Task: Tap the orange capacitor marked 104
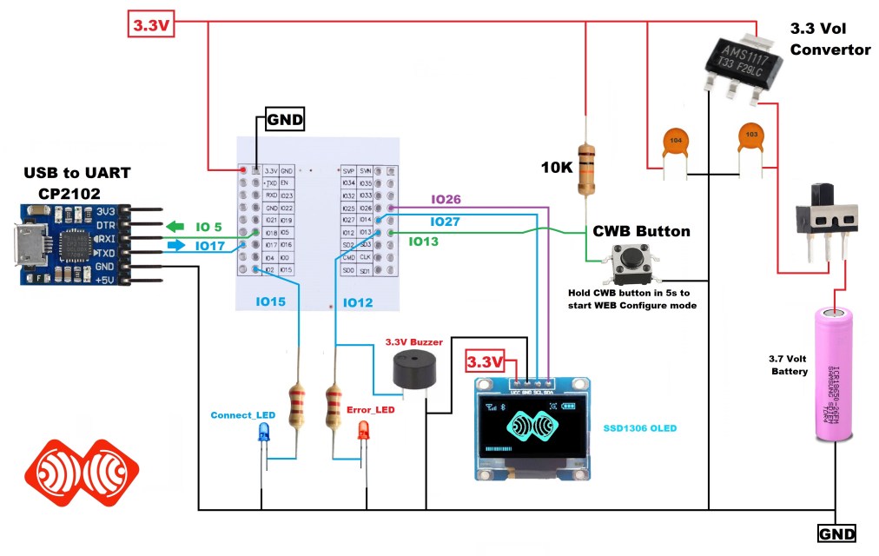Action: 674,142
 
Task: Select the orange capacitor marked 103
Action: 752,136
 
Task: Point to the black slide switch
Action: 829,214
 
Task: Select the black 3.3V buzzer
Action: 411,372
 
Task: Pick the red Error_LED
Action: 363,430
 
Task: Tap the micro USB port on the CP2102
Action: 25,246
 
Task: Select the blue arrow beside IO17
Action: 175,246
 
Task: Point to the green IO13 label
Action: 424,241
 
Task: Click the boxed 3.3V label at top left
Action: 153,25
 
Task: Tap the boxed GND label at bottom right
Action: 837,533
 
